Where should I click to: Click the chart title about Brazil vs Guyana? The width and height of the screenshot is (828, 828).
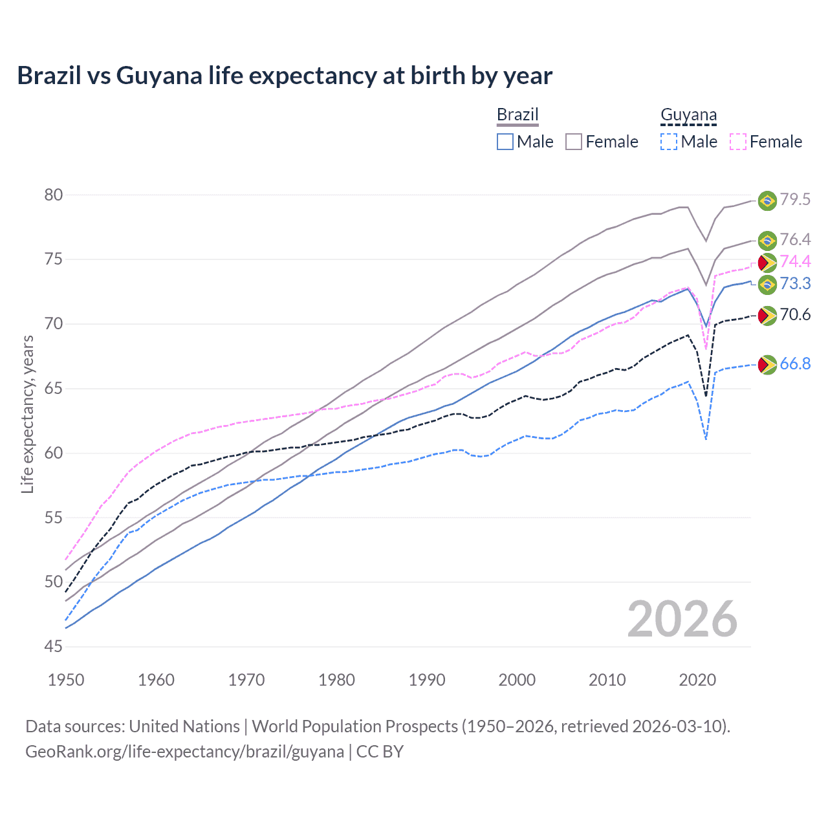click(285, 76)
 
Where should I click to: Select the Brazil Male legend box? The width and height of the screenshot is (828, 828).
click(505, 142)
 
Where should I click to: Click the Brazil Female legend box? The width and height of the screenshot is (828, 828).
click(574, 142)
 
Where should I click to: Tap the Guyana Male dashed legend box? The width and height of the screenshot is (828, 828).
click(669, 142)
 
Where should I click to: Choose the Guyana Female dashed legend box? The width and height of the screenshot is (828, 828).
click(738, 142)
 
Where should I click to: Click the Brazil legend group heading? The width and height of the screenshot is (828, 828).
click(517, 115)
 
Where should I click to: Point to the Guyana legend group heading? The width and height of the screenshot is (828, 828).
click(688, 115)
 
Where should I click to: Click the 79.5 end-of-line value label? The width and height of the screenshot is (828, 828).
click(795, 200)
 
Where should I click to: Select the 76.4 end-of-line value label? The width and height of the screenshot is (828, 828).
click(795, 240)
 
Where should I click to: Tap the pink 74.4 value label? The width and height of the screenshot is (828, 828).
click(795, 261)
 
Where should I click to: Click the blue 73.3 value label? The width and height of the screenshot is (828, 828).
click(795, 283)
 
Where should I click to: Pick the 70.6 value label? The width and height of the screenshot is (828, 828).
click(795, 315)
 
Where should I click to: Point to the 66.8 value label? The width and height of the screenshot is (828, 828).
click(795, 364)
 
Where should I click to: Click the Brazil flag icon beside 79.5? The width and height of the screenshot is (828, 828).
click(767, 201)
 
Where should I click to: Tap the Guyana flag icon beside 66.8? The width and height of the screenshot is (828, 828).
click(767, 365)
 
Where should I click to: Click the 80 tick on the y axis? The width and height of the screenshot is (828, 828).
click(54, 195)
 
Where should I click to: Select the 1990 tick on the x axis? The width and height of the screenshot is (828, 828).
click(427, 680)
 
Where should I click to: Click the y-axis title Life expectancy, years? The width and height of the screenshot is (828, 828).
click(27, 414)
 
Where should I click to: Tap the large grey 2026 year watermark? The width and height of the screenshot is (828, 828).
click(682, 619)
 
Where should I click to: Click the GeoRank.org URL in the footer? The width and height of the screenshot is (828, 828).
click(184, 752)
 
